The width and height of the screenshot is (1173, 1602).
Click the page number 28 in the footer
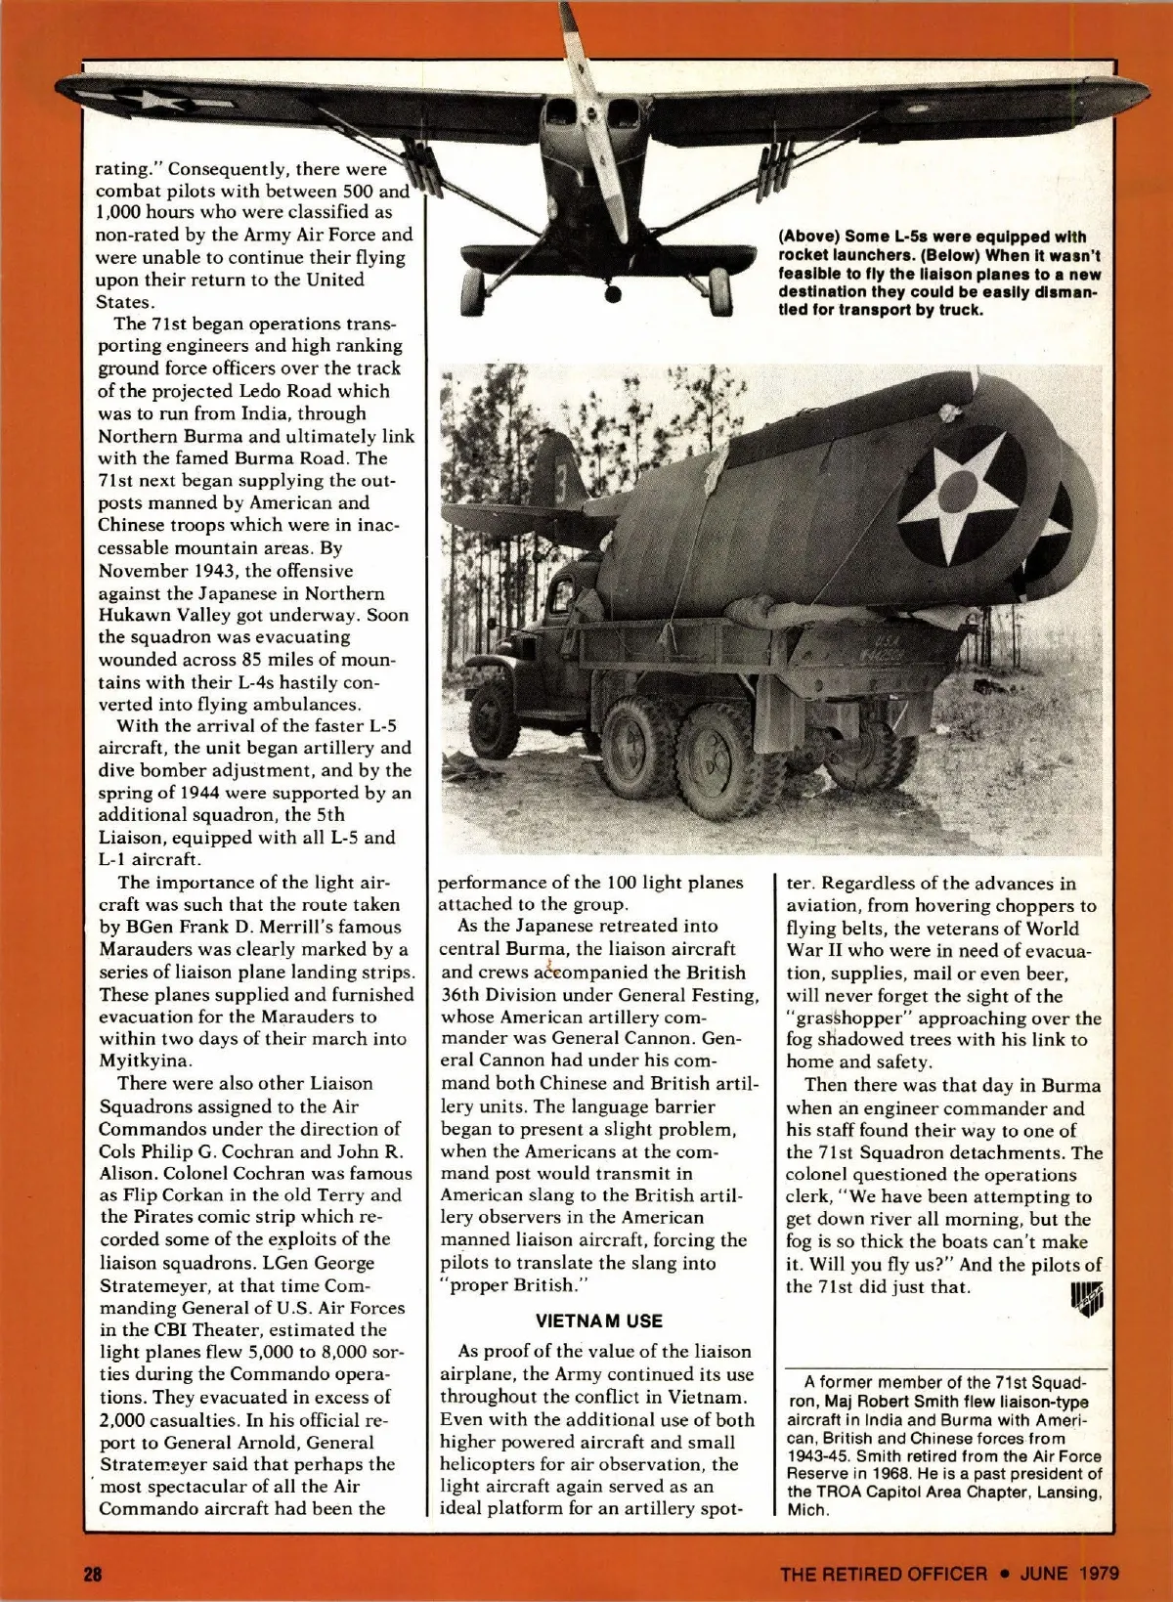pos(93,1574)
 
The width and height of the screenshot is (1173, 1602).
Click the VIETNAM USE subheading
pos(599,1321)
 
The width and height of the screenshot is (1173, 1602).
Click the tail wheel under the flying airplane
pos(613,291)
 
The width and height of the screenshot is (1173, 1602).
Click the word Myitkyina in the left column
pos(145,1061)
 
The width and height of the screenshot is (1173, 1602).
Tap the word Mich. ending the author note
pos(807,1509)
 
